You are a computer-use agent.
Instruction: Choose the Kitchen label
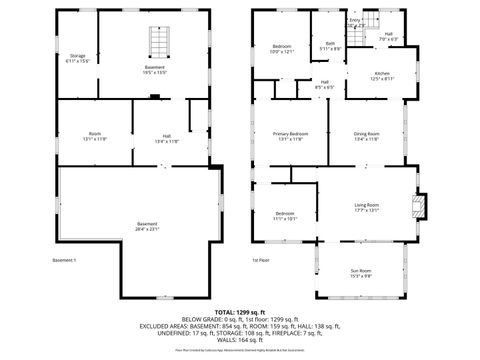[382, 76]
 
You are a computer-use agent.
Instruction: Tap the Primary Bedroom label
[289, 136]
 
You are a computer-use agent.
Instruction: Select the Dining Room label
[366, 136]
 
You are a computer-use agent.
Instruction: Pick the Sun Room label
[360, 274]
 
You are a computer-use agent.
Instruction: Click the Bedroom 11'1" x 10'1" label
[285, 215]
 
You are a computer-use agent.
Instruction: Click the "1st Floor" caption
[261, 261]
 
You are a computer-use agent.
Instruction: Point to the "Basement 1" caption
[64, 261]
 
